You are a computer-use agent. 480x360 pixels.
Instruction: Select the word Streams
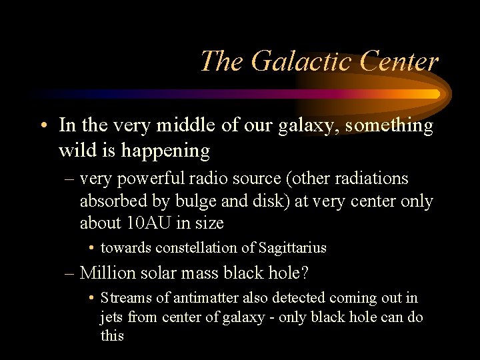(124, 298)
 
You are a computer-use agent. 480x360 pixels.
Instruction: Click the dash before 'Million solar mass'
(70, 273)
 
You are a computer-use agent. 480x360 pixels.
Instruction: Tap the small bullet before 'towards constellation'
(91, 249)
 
